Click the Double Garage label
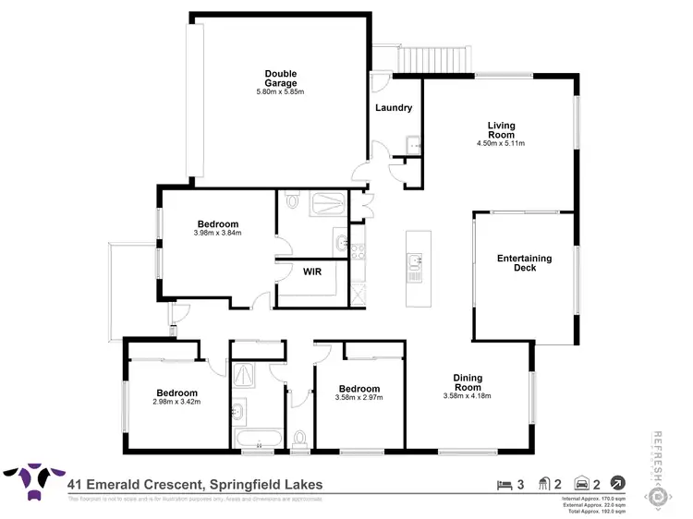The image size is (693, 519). click(x=280, y=78)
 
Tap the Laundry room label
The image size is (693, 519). click(x=394, y=108)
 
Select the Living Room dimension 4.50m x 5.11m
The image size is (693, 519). click(x=500, y=143)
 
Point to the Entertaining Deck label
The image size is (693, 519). click(x=524, y=263)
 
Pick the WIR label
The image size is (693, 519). click(x=311, y=272)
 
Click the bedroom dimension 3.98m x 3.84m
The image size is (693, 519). click(x=217, y=233)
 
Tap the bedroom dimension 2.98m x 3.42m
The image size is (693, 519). click(x=176, y=401)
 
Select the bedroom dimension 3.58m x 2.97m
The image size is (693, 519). click(x=359, y=397)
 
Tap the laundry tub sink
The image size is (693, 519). click(x=413, y=144)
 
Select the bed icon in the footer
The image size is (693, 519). click(x=503, y=483)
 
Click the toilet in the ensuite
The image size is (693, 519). click(x=293, y=199)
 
